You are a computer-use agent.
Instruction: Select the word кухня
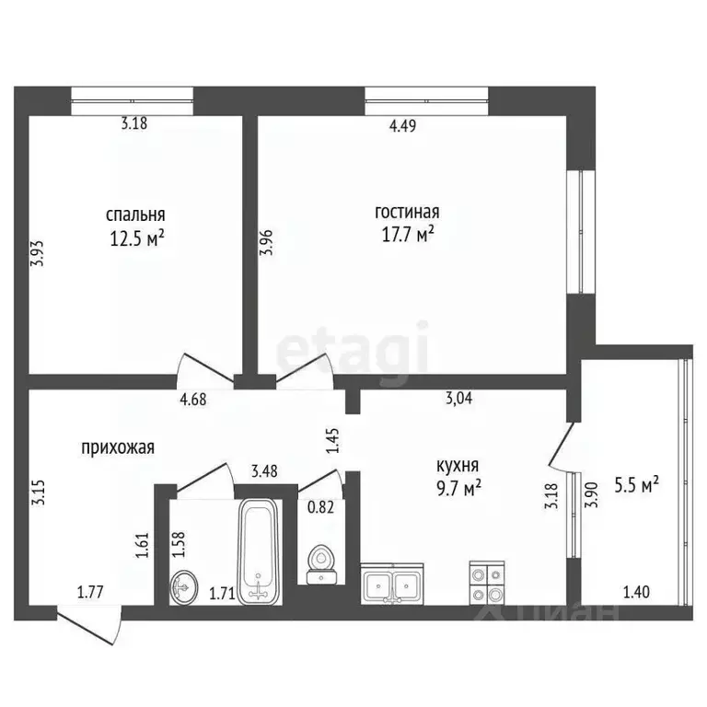[x=457, y=466]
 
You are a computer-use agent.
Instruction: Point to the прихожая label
[x=118, y=447]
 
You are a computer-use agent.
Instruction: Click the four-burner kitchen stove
[x=487, y=581]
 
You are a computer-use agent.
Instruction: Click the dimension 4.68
[x=193, y=399]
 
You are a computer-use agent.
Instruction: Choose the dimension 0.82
[x=320, y=505]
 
